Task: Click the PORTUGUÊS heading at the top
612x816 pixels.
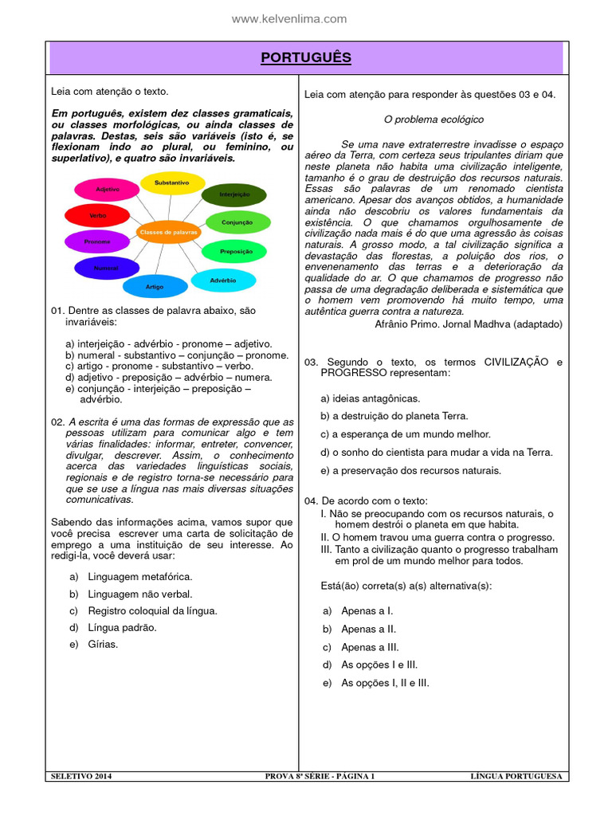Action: [306, 58]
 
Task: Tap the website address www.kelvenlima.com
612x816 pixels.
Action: [289, 18]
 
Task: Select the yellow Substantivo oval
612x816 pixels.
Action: [171, 183]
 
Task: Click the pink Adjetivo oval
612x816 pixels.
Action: [107, 190]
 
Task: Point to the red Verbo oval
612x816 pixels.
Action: [97, 215]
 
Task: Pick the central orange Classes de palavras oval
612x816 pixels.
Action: [168, 232]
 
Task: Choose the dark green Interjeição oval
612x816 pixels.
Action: [233, 194]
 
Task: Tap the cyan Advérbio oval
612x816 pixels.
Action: [223, 280]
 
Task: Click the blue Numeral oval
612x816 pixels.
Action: [106, 269]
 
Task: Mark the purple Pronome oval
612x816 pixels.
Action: [97, 241]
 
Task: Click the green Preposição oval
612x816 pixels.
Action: [237, 252]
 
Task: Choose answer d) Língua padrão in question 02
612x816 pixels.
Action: [122, 627]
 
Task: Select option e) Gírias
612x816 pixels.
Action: [103, 644]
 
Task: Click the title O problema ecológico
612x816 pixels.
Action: [433, 120]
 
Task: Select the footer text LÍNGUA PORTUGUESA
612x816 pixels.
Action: [516, 776]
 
